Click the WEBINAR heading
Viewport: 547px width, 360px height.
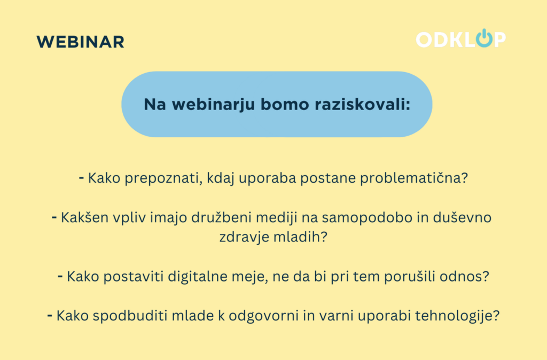81,42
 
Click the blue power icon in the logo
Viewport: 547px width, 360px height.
485,38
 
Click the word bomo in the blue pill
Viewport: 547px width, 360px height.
285,104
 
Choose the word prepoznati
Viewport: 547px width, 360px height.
163,178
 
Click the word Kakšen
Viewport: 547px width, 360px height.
85,217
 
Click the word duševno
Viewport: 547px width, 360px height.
462,217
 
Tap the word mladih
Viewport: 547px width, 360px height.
297,237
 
